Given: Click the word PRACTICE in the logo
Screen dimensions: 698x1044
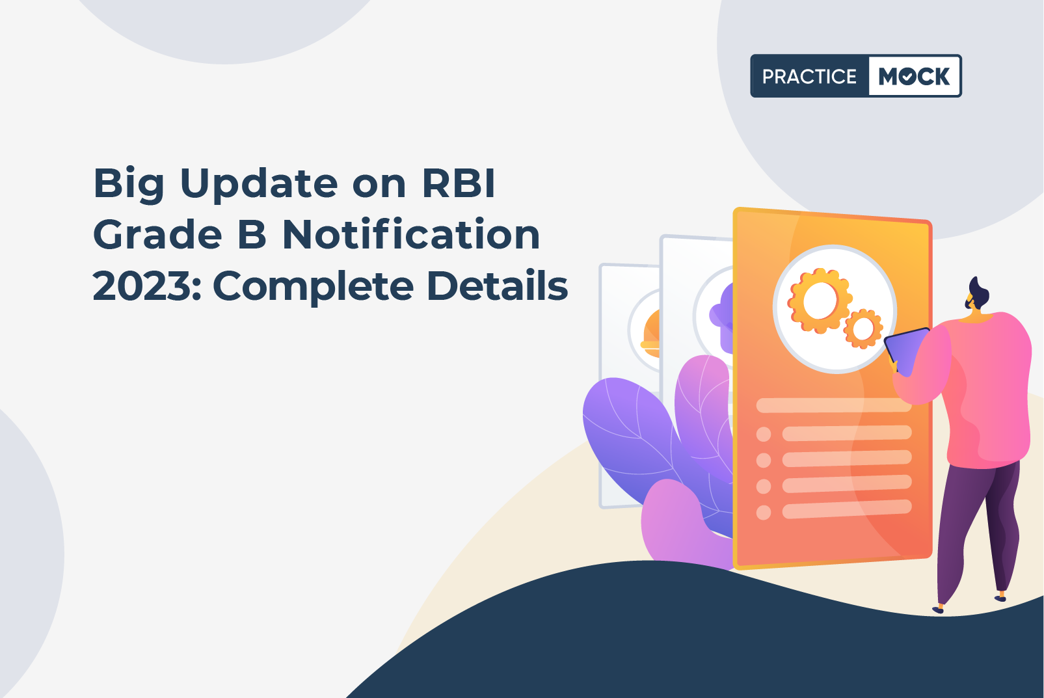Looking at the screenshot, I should (x=809, y=77).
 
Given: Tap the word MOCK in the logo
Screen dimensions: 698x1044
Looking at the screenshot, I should (x=914, y=77).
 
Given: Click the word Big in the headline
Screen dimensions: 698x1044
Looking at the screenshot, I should (x=129, y=184).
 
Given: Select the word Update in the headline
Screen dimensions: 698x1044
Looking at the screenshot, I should (x=258, y=184).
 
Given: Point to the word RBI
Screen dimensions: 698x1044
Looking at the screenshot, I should (x=459, y=183).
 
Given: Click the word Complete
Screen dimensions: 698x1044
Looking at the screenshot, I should (x=314, y=287).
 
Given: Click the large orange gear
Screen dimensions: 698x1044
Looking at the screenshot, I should (x=818, y=301).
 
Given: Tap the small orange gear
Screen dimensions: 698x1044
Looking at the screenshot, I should (x=863, y=329).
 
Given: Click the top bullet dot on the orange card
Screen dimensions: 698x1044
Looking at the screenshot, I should (x=764, y=434).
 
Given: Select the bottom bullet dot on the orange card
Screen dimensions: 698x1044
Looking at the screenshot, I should (x=764, y=513).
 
